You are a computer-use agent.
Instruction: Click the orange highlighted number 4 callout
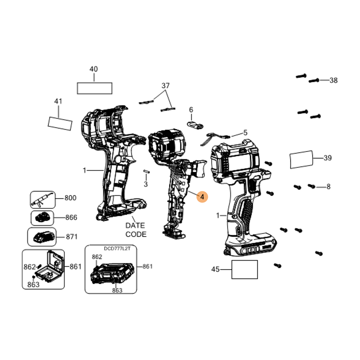click(x=202, y=197)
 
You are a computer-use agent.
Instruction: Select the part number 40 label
click(x=94, y=69)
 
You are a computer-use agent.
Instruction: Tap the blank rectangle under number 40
click(x=94, y=88)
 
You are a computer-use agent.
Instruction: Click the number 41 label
click(x=58, y=101)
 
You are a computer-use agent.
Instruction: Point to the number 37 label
click(x=166, y=85)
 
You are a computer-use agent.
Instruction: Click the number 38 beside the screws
click(x=333, y=80)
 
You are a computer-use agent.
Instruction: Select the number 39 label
click(x=328, y=158)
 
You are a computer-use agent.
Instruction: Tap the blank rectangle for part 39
click(x=301, y=160)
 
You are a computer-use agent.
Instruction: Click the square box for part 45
click(x=244, y=270)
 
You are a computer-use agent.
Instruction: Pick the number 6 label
click(x=191, y=110)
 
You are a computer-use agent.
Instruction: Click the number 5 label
click(x=245, y=132)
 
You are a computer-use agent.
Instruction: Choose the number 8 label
click(x=328, y=187)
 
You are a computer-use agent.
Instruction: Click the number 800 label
click(x=70, y=198)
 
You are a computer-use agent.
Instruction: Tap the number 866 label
click(x=71, y=217)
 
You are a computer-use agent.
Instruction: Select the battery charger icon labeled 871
click(x=44, y=237)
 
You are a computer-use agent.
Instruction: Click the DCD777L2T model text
click(x=117, y=249)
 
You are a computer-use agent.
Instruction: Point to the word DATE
click(x=135, y=225)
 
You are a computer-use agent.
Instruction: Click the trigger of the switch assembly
click(x=199, y=169)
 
